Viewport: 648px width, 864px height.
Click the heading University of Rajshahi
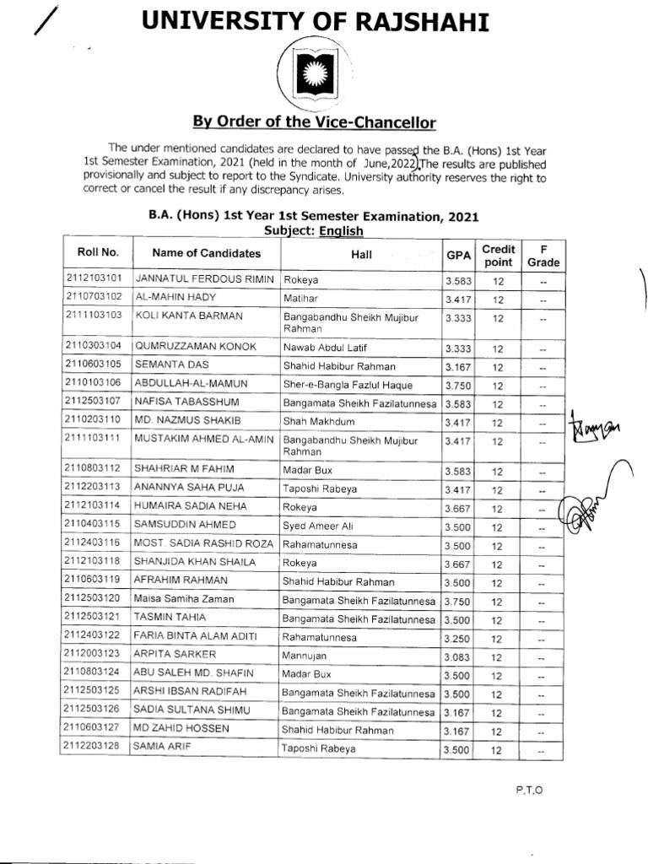point(316,22)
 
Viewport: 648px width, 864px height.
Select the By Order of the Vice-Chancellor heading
point(315,122)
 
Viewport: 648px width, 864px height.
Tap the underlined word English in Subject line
point(341,230)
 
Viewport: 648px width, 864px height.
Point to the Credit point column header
point(498,255)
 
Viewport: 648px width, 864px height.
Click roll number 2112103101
point(93,278)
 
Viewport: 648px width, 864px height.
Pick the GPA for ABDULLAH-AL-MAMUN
point(456,386)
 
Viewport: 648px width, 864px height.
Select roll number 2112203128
point(93,748)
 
